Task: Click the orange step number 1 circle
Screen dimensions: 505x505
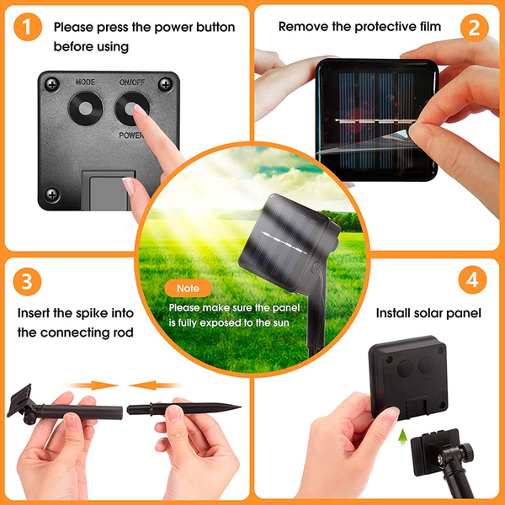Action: pyautogui.click(x=28, y=27)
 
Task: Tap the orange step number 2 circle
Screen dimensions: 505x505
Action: pyautogui.click(x=475, y=28)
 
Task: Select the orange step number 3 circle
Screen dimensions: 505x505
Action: pyautogui.click(x=27, y=281)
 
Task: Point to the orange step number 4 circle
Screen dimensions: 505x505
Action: pyautogui.click(x=472, y=279)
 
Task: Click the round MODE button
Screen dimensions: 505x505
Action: pyautogui.click(x=85, y=109)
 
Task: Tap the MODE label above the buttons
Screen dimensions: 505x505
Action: pyautogui.click(x=85, y=82)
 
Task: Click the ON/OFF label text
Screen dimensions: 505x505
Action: pyautogui.click(x=132, y=82)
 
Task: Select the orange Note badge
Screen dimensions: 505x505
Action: pyautogui.click(x=188, y=288)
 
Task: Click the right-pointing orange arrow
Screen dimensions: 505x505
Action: pyautogui.click(x=92, y=385)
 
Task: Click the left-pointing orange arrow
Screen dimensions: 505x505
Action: pyautogui.click(x=155, y=385)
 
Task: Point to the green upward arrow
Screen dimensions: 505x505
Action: pyautogui.click(x=402, y=438)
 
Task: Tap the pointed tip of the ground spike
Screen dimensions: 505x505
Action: pyautogui.click(x=240, y=407)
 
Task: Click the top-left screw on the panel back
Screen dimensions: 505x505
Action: pyautogui.click(x=52, y=84)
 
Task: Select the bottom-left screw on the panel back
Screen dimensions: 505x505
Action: pyautogui.click(x=52, y=194)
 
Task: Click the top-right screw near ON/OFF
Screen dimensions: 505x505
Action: pyautogui.click(x=166, y=85)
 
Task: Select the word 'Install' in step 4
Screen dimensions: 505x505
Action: pyautogui.click(x=391, y=313)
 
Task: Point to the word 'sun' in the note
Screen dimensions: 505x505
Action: pyautogui.click(x=279, y=323)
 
